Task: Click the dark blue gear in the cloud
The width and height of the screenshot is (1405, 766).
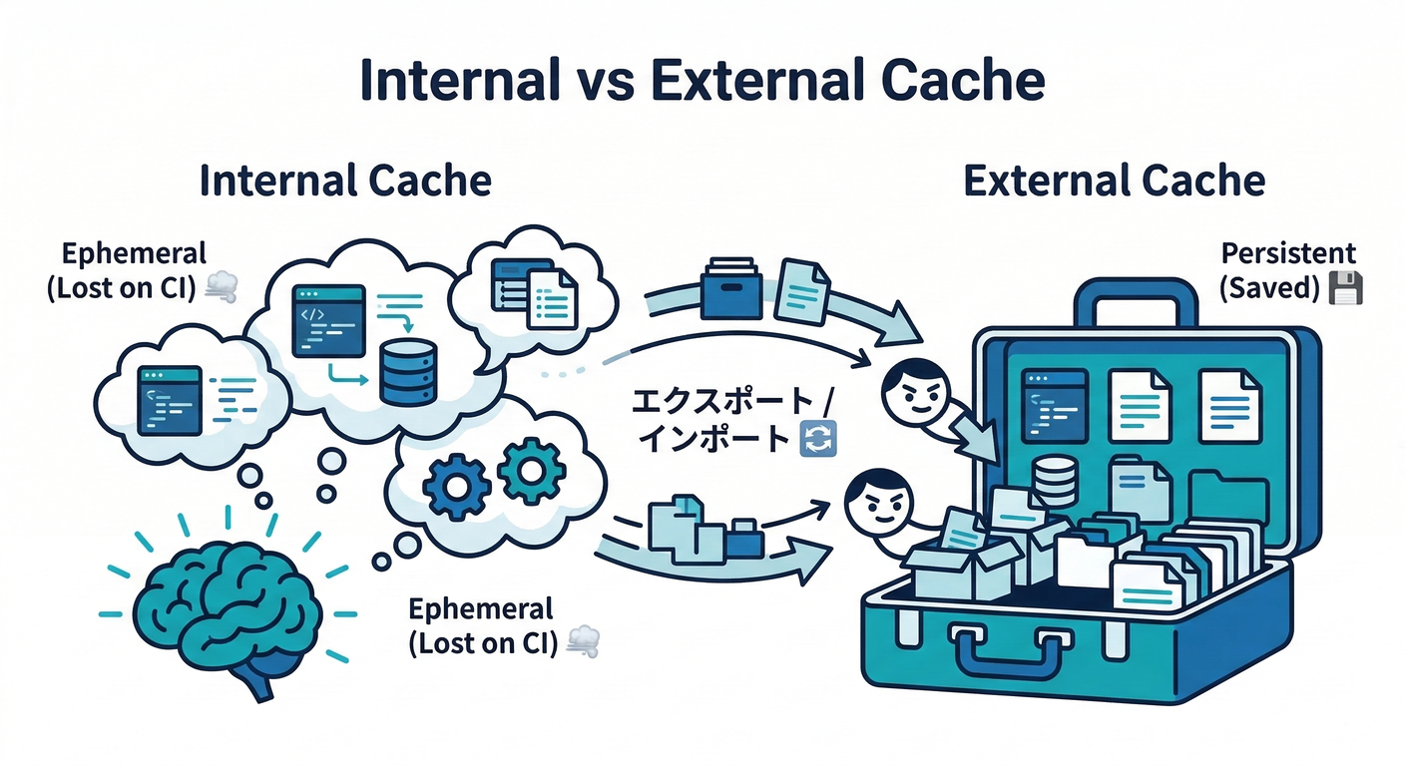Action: (x=456, y=485)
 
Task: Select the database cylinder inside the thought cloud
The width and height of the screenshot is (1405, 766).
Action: (x=408, y=370)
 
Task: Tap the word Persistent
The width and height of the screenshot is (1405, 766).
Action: (x=1288, y=252)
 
